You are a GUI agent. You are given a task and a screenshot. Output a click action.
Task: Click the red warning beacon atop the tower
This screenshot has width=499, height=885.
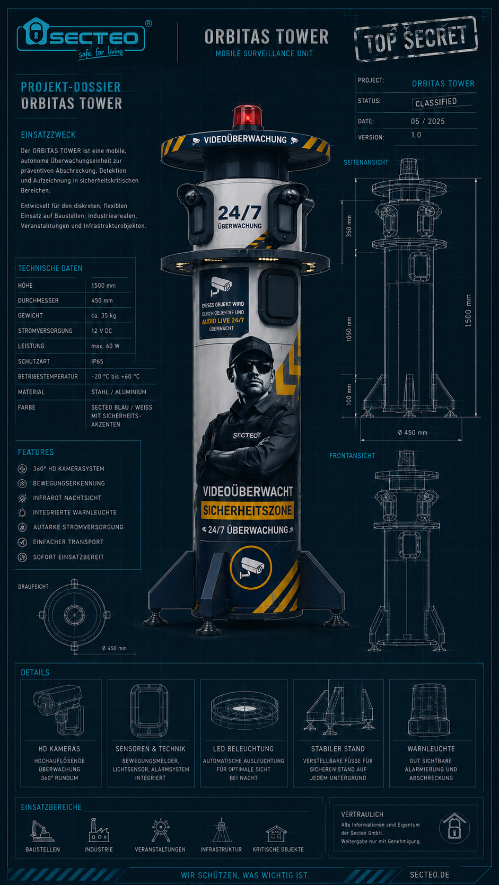[x=247, y=117]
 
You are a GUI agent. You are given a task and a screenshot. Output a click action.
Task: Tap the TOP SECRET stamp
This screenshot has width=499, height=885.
[x=416, y=39]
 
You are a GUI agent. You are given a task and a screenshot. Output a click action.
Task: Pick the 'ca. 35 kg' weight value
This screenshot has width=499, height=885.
[x=103, y=315]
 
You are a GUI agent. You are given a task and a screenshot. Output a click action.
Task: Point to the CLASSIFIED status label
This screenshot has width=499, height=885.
[x=436, y=102]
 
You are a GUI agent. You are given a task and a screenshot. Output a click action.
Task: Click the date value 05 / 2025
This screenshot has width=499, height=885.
[x=427, y=121]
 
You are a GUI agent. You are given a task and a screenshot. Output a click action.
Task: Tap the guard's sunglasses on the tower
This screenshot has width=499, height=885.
[x=252, y=367]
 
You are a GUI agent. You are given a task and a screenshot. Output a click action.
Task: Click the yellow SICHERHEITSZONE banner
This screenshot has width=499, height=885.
[x=247, y=510]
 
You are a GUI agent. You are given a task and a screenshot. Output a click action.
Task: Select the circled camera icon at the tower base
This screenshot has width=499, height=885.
[x=251, y=568]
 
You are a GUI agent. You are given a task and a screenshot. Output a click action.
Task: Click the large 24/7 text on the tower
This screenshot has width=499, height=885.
[x=240, y=213]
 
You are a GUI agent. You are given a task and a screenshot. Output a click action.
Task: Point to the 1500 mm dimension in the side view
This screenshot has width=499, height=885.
[x=468, y=311]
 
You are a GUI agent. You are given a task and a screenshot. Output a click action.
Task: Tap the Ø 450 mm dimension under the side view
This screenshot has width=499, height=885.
[x=413, y=432]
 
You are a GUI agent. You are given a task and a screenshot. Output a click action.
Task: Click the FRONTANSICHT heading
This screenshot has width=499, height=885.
[x=352, y=456]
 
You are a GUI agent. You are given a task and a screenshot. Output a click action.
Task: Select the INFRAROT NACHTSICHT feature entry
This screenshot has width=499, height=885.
[x=67, y=498]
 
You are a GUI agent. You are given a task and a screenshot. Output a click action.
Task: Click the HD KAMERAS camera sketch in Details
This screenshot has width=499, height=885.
[x=59, y=710]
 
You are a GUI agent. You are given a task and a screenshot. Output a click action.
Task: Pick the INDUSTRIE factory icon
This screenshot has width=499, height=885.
[x=99, y=830]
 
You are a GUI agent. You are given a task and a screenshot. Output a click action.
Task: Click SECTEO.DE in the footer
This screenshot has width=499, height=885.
[x=430, y=875]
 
